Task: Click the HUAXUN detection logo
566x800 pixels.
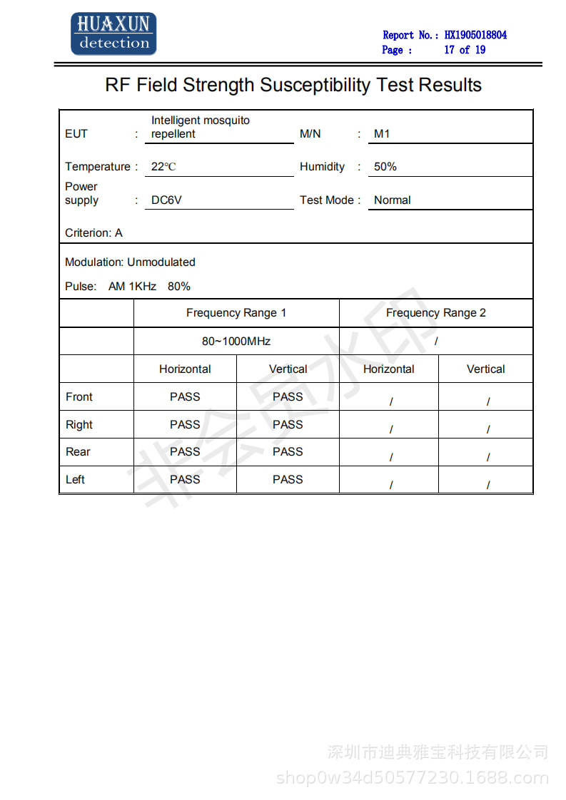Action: (113, 34)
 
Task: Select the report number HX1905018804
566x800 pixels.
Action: (475, 35)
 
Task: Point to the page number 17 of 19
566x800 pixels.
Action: (465, 50)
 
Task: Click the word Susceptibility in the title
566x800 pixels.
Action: (315, 86)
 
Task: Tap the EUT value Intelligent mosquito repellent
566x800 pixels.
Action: (200, 127)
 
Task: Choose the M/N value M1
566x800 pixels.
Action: (382, 134)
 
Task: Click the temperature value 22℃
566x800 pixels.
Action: (163, 167)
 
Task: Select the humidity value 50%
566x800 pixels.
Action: (385, 167)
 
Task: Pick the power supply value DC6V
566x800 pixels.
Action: (166, 200)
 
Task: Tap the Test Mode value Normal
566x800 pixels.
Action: (393, 200)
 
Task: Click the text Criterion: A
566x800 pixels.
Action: (94, 233)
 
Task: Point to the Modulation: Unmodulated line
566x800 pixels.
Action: (130, 262)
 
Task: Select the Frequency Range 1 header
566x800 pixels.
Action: (236, 313)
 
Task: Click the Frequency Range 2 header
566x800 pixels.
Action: (436, 313)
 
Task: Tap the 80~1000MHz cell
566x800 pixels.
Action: (236, 342)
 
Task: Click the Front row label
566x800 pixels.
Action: (79, 397)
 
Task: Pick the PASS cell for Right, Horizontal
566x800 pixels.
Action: (185, 425)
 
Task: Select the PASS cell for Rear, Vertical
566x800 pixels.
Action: (288, 452)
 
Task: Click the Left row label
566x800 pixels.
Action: (76, 480)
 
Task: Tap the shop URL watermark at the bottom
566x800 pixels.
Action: (413, 778)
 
